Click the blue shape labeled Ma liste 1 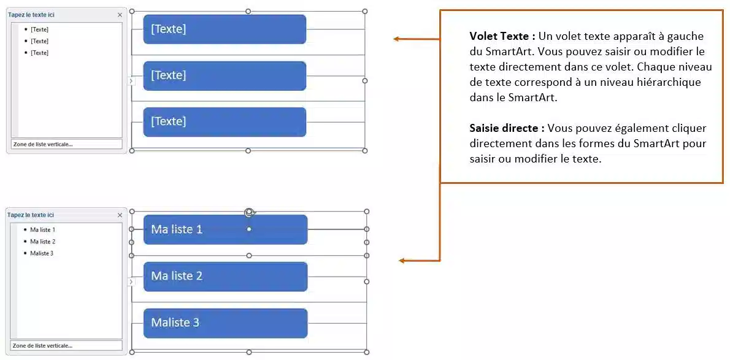[x=225, y=229]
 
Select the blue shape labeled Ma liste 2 [x=225, y=276]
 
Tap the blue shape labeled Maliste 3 [x=225, y=323]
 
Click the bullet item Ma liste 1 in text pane [x=42, y=229]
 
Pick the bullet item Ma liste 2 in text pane [x=42, y=241]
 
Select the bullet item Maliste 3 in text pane [x=41, y=253]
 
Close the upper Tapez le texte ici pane [x=120, y=15]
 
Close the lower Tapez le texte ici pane [x=120, y=215]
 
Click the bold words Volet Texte [x=502, y=36]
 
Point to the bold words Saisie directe [x=507, y=128]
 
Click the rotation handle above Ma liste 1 [x=248, y=212]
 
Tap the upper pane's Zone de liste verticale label [x=42, y=145]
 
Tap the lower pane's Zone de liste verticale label [x=42, y=346]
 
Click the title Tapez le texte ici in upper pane [x=31, y=15]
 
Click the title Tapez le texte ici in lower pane [x=31, y=215]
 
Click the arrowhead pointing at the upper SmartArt [x=396, y=39]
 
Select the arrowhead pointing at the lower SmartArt [x=402, y=261]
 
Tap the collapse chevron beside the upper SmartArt [x=130, y=81]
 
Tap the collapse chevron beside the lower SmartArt [x=130, y=281]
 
